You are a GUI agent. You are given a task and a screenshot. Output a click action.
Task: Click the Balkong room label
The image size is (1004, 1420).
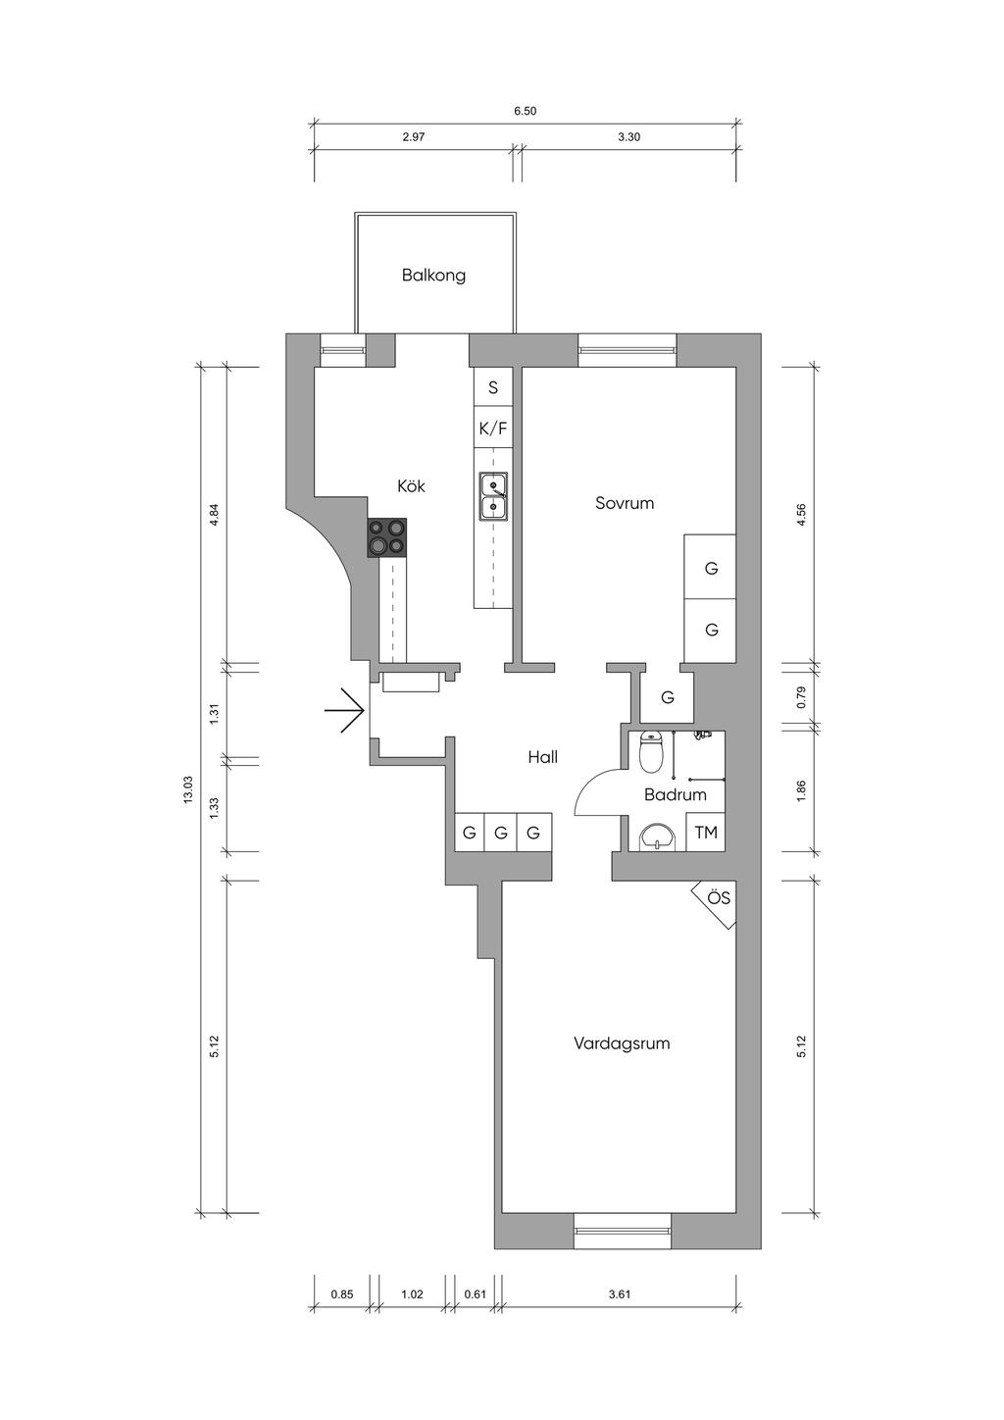click(433, 276)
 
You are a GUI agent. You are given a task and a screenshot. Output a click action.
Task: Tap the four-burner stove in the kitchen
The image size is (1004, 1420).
click(386, 537)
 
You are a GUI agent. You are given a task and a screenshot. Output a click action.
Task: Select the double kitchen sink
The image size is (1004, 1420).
click(493, 496)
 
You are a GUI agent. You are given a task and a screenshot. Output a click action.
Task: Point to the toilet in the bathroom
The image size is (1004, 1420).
click(651, 752)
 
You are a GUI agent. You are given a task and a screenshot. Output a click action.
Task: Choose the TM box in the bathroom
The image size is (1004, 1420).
click(706, 833)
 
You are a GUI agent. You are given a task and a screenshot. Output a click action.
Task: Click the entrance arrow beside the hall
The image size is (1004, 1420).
click(344, 711)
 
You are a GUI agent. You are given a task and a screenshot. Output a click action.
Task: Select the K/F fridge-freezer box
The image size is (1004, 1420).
click(493, 430)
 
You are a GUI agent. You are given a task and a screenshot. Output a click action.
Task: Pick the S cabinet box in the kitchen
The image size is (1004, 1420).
click(493, 388)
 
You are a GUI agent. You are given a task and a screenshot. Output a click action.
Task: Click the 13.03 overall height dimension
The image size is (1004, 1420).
click(187, 790)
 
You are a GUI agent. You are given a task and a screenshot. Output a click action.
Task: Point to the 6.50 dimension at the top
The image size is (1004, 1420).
click(525, 111)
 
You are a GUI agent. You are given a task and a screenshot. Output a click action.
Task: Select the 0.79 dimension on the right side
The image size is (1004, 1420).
click(801, 697)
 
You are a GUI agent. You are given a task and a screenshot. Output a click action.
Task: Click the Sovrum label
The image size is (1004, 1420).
click(625, 503)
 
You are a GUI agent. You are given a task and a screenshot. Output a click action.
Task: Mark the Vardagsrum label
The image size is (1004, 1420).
click(622, 1042)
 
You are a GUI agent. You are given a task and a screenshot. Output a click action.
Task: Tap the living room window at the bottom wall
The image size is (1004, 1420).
click(622, 1231)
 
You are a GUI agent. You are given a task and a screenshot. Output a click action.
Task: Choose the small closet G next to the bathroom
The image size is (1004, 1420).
click(668, 697)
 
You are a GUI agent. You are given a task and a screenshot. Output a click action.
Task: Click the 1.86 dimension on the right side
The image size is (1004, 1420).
click(801, 790)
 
